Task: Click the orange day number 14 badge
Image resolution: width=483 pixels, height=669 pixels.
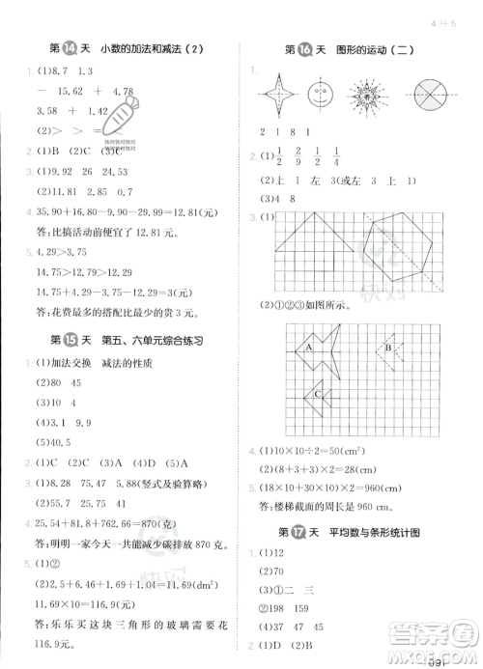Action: [71, 49]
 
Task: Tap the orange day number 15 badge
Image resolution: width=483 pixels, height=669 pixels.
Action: [71, 339]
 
